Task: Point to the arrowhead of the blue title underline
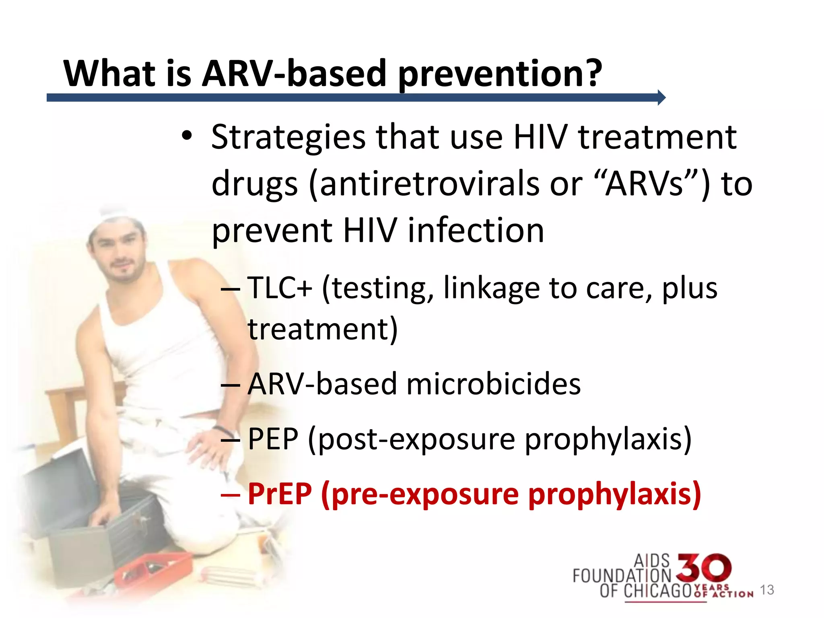coord(661,97)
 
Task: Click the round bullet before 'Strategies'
coord(186,136)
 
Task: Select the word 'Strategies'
coord(288,138)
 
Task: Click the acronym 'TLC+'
coord(280,288)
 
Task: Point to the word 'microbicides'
coord(494,384)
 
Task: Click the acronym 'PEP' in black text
coord(273,439)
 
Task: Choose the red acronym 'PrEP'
coord(280,494)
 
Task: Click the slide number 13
coord(767,590)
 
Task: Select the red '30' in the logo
coord(703,568)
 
